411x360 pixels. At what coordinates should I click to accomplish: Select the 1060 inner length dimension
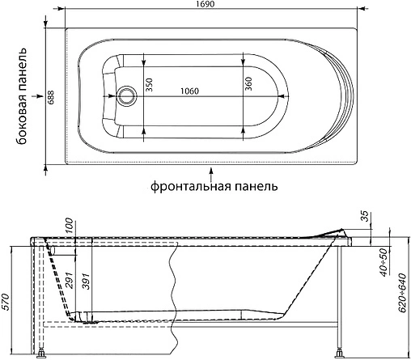pos(193,91)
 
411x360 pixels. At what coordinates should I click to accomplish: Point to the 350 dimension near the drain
pos(149,85)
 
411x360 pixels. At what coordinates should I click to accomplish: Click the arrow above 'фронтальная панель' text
pos(211,171)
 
